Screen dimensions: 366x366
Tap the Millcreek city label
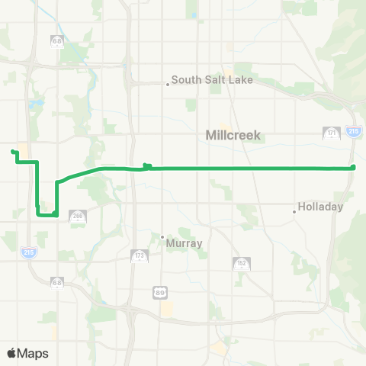pyautogui.click(x=233, y=135)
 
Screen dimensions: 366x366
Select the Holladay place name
pyautogui.click(x=321, y=207)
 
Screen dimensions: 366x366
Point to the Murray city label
pyautogui.click(x=186, y=243)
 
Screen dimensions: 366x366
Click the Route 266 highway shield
pyautogui.click(x=77, y=217)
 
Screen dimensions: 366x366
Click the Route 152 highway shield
pyautogui.click(x=239, y=263)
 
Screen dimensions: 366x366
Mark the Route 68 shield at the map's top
pyautogui.click(x=57, y=40)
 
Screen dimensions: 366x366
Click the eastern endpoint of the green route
pyautogui.click(x=353, y=167)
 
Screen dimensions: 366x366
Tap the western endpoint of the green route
pyautogui.click(x=13, y=152)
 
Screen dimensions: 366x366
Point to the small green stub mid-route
pyautogui.click(x=147, y=165)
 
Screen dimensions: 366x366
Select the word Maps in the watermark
pyautogui.click(x=34, y=353)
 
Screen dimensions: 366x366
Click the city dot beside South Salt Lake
pyautogui.click(x=167, y=85)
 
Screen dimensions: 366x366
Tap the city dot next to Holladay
pyautogui.click(x=294, y=211)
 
